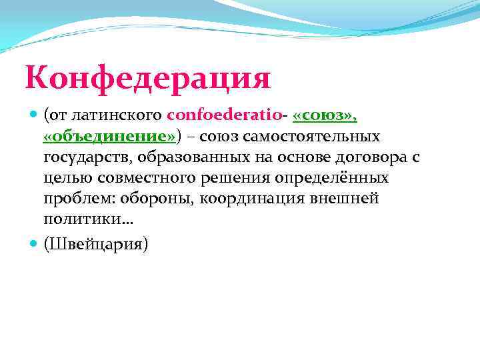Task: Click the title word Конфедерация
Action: (x=148, y=78)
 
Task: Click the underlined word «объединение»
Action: (x=109, y=137)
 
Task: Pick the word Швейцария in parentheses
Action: (x=96, y=244)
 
